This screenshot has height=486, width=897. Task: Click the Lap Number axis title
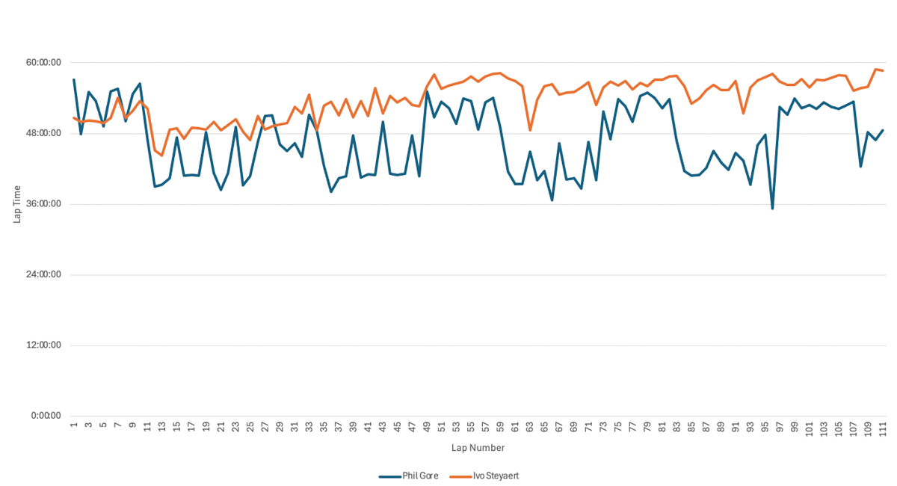tap(478, 448)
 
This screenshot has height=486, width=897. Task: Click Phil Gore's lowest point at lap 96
tap(772, 209)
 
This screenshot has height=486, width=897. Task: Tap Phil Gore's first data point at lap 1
tap(74, 79)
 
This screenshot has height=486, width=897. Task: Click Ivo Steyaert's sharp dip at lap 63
tap(530, 130)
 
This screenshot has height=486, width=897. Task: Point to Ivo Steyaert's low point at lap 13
tap(162, 156)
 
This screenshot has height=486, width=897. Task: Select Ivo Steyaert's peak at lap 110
tap(875, 70)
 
